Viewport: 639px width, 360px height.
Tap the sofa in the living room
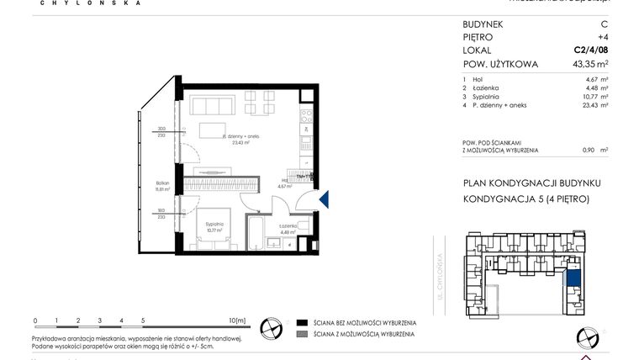[212, 107]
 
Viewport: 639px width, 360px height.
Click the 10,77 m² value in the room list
[596, 97]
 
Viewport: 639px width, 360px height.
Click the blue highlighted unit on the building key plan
[574, 278]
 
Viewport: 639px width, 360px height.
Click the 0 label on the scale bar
[35, 320]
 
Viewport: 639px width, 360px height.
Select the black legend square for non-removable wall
[301, 323]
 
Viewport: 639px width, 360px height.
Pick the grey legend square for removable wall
[301, 335]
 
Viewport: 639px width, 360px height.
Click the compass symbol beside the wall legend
[270, 329]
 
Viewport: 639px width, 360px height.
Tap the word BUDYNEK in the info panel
[484, 25]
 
